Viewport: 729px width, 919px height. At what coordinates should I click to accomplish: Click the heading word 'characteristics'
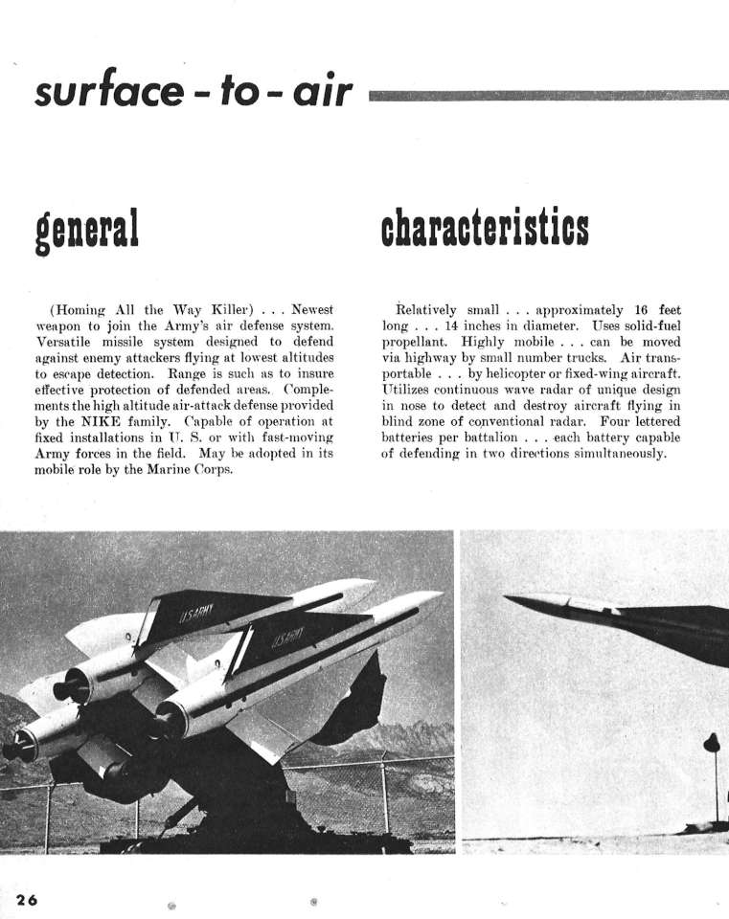[484, 229]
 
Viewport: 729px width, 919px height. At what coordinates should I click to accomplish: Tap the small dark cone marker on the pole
[711, 743]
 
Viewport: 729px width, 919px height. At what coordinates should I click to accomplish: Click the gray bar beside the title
[546, 95]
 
